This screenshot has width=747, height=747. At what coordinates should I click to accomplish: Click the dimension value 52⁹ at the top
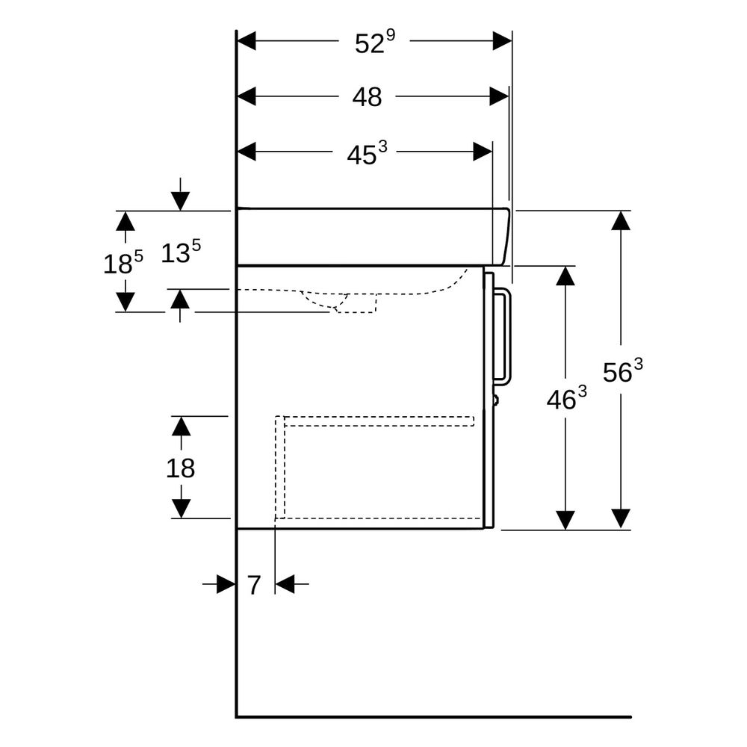click(x=375, y=42)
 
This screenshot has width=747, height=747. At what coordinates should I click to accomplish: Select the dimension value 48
click(x=367, y=97)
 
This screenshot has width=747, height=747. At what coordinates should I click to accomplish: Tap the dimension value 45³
click(x=367, y=152)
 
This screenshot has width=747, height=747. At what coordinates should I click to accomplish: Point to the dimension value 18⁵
click(x=123, y=262)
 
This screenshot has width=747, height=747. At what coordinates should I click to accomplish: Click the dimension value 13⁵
click(x=181, y=251)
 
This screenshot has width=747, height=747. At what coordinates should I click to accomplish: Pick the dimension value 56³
click(x=623, y=371)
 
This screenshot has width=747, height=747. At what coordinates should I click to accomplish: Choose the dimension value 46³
click(x=566, y=397)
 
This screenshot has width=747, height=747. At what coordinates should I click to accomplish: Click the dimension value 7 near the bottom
click(x=254, y=585)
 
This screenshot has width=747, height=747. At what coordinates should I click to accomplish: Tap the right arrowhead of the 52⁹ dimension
click(x=502, y=41)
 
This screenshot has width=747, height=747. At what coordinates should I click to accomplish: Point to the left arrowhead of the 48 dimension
click(x=247, y=96)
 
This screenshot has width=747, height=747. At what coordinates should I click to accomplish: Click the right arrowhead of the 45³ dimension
click(x=483, y=152)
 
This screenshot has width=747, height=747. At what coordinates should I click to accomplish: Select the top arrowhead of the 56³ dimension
click(x=621, y=220)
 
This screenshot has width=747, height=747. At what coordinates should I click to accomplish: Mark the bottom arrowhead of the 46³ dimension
click(x=565, y=520)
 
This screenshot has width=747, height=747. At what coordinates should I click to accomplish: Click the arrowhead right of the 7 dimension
click(x=285, y=583)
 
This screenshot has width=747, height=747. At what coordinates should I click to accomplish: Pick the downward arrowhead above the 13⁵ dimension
click(x=180, y=200)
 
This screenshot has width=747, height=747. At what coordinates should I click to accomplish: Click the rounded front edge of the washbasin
click(x=506, y=236)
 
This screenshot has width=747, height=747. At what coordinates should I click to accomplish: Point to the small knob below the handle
click(x=496, y=399)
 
